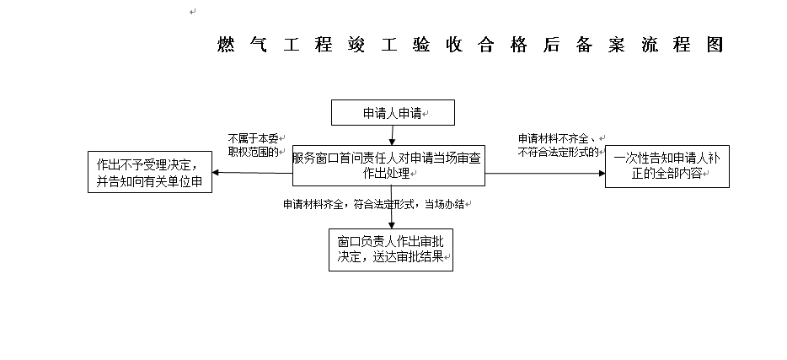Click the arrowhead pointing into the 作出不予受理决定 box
click(x=216, y=172)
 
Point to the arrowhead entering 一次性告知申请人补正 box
click(x=602, y=173)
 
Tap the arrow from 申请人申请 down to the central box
click(x=392, y=136)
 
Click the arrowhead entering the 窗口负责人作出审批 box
click(x=392, y=225)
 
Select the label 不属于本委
click(x=253, y=138)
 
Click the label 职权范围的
click(x=253, y=152)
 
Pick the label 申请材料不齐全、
click(x=557, y=138)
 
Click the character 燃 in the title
click(x=226, y=45)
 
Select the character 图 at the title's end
click(x=715, y=45)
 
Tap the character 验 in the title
click(x=421, y=45)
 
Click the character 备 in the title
click(x=584, y=45)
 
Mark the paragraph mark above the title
click(x=193, y=12)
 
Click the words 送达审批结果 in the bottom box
click(x=409, y=257)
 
